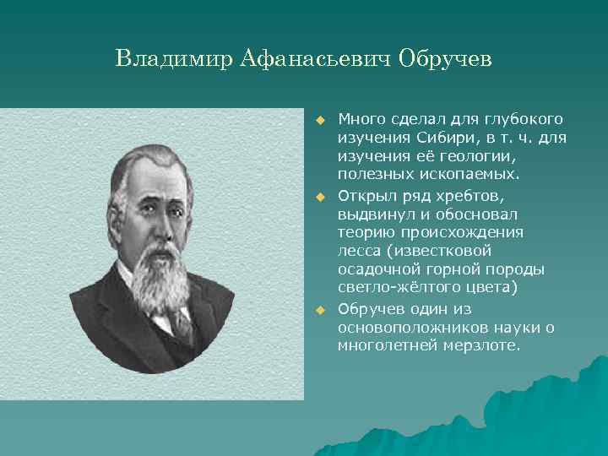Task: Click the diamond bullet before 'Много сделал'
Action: coord(321,119)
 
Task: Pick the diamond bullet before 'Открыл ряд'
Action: coord(321,196)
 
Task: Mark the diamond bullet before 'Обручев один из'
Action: coord(321,311)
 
